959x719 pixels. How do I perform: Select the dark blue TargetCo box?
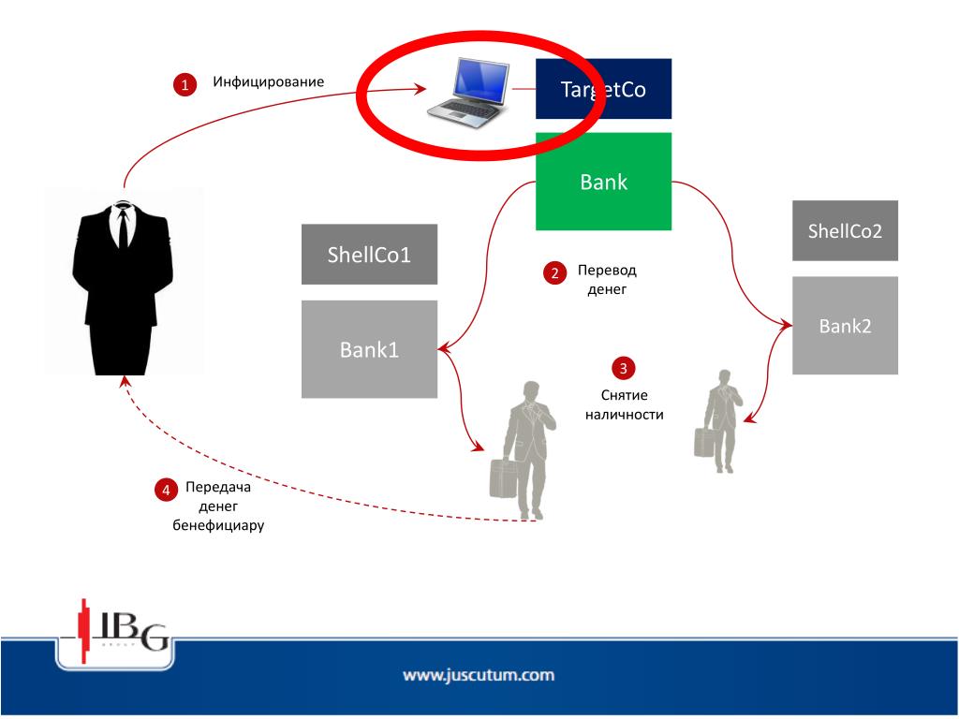(603, 89)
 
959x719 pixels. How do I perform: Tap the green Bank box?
(603, 182)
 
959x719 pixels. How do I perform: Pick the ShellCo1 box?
(369, 254)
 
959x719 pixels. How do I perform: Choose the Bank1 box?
(369, 349)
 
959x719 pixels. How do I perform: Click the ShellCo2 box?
(845, 230)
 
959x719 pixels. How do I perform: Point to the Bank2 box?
(845, 326)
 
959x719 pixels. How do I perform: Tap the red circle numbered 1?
(184, 84)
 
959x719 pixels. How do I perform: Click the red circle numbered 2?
(554, 273)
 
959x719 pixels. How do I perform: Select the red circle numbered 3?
(624, 367)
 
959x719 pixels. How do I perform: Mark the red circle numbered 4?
(166, 490)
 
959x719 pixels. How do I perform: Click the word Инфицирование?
(268, 81)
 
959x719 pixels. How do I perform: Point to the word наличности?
(624, 414)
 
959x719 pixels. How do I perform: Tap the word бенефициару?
(218, 525)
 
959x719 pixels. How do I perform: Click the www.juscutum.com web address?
(479, 674)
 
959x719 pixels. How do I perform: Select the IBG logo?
(117, 634)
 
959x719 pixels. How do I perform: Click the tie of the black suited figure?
(123, 228)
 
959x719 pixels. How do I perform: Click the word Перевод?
(607, 270)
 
